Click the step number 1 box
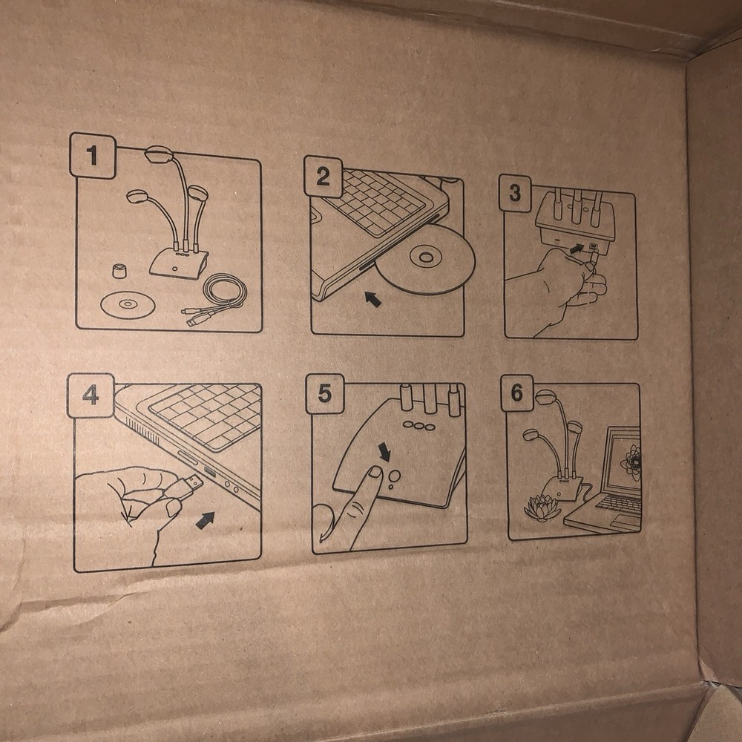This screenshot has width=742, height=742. [93, 155]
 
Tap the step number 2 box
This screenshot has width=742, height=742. [324, 176]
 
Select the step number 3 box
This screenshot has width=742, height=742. [516, 193]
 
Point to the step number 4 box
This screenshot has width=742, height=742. [91, 395]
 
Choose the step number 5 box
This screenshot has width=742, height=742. [325, 393]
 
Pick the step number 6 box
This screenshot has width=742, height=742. [517, 393]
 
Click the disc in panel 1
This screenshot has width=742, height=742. [128, 303]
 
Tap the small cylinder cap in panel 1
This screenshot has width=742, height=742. [119, 271]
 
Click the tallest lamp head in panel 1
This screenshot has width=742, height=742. [159, 154]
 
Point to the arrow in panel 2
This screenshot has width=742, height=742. [373, 299]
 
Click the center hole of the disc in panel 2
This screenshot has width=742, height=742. [425, 257]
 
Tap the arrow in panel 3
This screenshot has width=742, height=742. [576, 248]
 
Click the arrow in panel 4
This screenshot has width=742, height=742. [205, 520]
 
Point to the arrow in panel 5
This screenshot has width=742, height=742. [384, 452]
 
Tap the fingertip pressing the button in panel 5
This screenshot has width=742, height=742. [375, 472]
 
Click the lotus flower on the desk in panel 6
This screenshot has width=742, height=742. [542, 508]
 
